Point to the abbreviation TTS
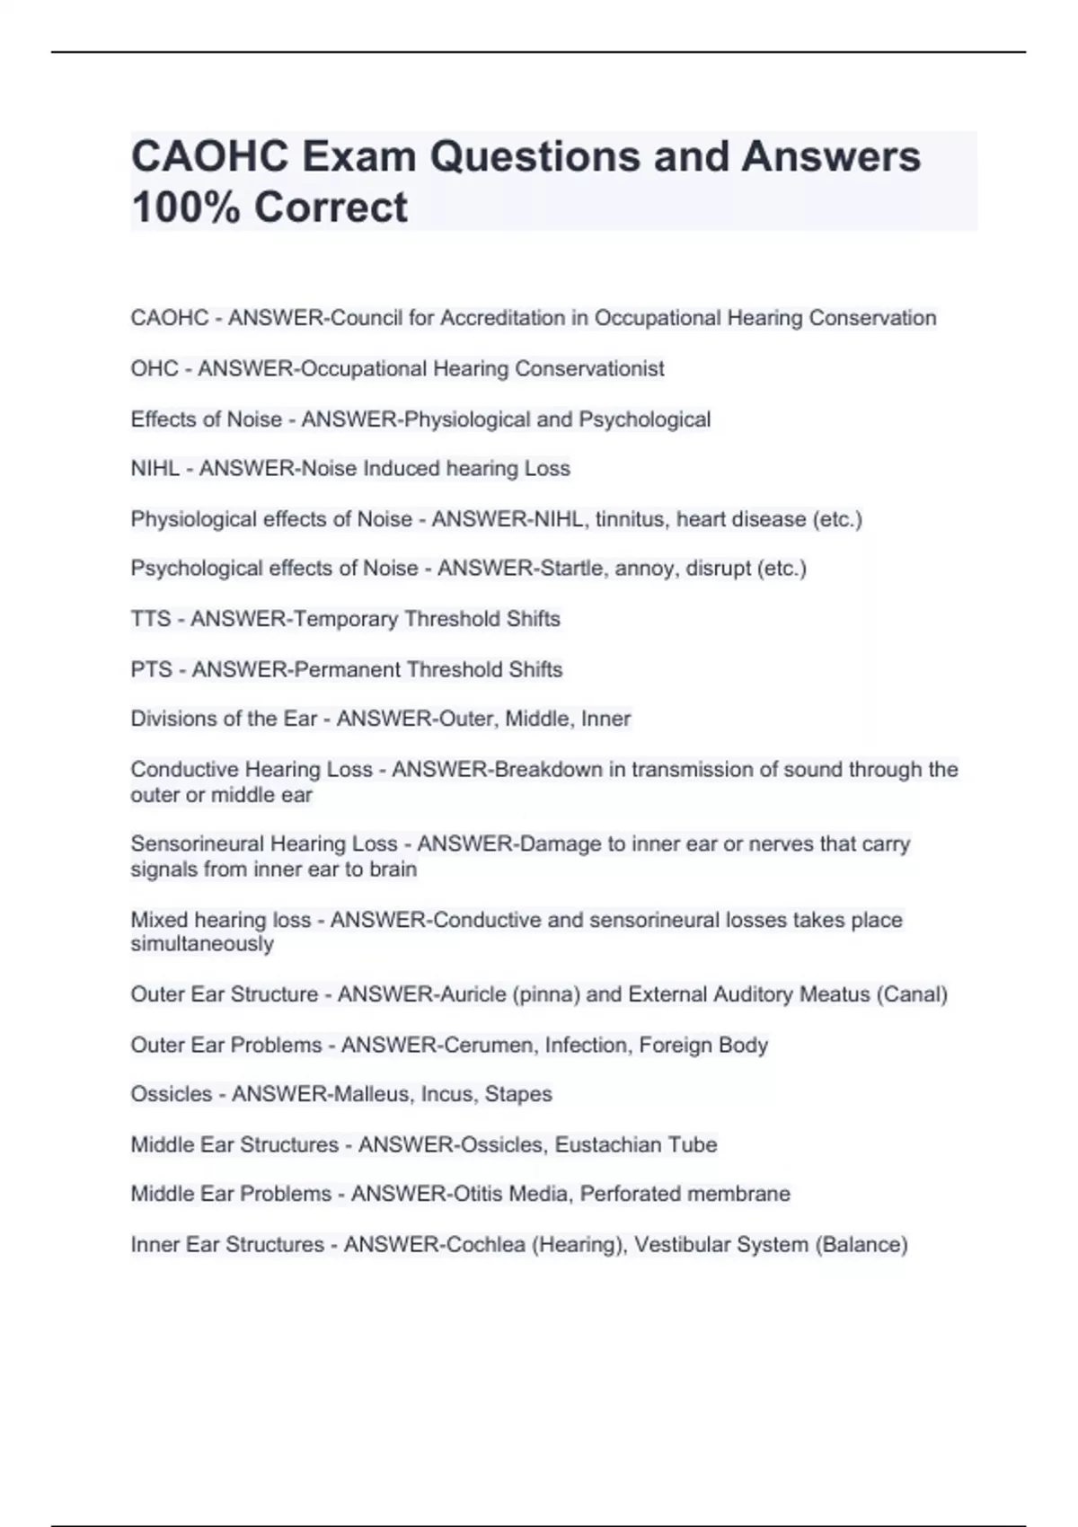coord(150,619)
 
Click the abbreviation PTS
coord(151,669)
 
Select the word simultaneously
coord(202,944)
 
